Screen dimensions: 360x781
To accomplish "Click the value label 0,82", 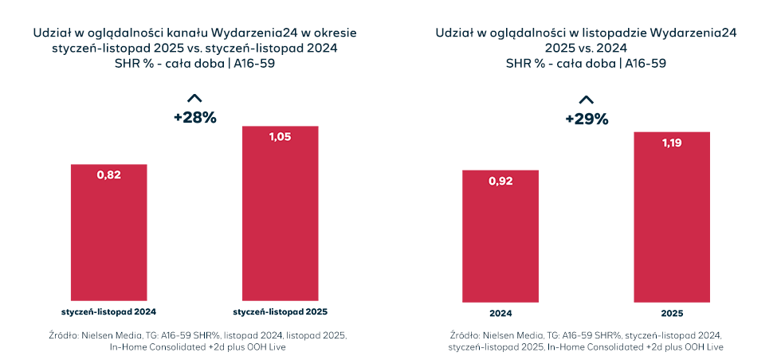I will [109, 175].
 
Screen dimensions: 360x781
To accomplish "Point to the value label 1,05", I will [281, 137].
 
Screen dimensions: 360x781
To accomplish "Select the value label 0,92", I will [500, 181].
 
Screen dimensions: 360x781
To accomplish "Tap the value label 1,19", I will [672, 143].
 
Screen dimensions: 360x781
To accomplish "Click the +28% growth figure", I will [195, 117].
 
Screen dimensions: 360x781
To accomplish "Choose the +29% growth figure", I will [587, 119].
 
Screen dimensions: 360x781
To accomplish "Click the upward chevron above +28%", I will [194, 98].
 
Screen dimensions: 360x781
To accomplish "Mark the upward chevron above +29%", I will [586, 100].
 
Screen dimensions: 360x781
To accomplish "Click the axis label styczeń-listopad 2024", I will [109, 311].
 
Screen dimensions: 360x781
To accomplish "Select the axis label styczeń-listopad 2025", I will [281, 311].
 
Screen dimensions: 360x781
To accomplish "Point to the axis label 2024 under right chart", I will [500, 314].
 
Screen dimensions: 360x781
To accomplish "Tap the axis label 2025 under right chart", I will [672, 314].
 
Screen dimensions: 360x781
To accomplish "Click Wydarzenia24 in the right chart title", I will [693, 33].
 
